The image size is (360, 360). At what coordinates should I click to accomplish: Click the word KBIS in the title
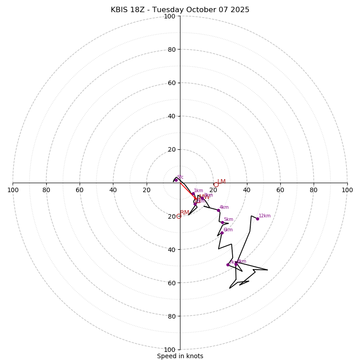pyautogui.click(x=119, y=10)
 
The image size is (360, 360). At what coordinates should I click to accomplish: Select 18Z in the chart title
pyautogui.click(x=139, y=10)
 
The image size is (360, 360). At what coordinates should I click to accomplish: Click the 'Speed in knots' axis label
pyautogui.click(x=180, y=356)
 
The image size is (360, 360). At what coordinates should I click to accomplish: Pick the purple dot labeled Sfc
pyautogui.click(x=176, y=180)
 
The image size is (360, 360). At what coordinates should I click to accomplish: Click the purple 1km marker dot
pyautogui.click(x=193, y=194)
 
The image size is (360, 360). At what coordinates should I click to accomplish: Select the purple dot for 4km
pyautogui.click(x=219, y=210)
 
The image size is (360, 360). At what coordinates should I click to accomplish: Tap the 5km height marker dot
pyautogui.click(x=222, y=222)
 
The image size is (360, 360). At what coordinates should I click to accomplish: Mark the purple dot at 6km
pyautogui.click(x=222, y=233)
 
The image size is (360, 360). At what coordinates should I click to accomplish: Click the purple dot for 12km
pyautogui.click(x=257, y=219)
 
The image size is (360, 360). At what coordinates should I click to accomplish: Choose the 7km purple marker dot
pyautogui.click(x=228, y=265)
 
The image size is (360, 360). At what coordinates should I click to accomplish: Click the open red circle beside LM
pyautogui.click(x=216, y=184)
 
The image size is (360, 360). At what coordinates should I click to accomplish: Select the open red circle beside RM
pyautogui.click(x=179, y=216)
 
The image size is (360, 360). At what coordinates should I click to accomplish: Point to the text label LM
pyautogui.click(x=221, y=182)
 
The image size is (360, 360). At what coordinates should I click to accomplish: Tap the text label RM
pyautogui.click(x=184, y=213)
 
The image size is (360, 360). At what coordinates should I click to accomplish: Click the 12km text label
pyautogui.click(x=265, y=216)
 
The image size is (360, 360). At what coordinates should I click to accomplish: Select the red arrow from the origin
pyautogui.click(x=188, y=190)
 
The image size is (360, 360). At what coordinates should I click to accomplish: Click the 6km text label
pyautogui.click(x=228, y=230)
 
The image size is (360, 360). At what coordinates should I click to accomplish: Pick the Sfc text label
pyautogui.click(x=180, y=177)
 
